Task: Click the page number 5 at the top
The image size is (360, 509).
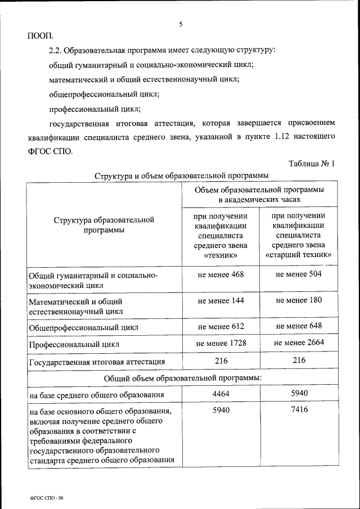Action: click(181, 24)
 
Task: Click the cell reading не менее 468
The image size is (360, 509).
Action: click(220, 274)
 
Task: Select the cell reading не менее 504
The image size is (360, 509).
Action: click(299, 274)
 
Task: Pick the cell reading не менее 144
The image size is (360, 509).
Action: click(220, 300)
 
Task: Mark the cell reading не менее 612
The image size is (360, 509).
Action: click(220, 326)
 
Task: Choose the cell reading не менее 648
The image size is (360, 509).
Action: click(299, 326)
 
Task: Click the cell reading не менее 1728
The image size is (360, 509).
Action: click(220, 343)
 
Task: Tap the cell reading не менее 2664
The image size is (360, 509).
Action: click(299, 343)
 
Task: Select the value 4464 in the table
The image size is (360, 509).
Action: click(220, 394)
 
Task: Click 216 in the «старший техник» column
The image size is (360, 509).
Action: click(299, 360)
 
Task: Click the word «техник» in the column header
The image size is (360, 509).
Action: click(220, 255)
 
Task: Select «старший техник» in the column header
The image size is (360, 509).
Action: click(299, 255)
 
